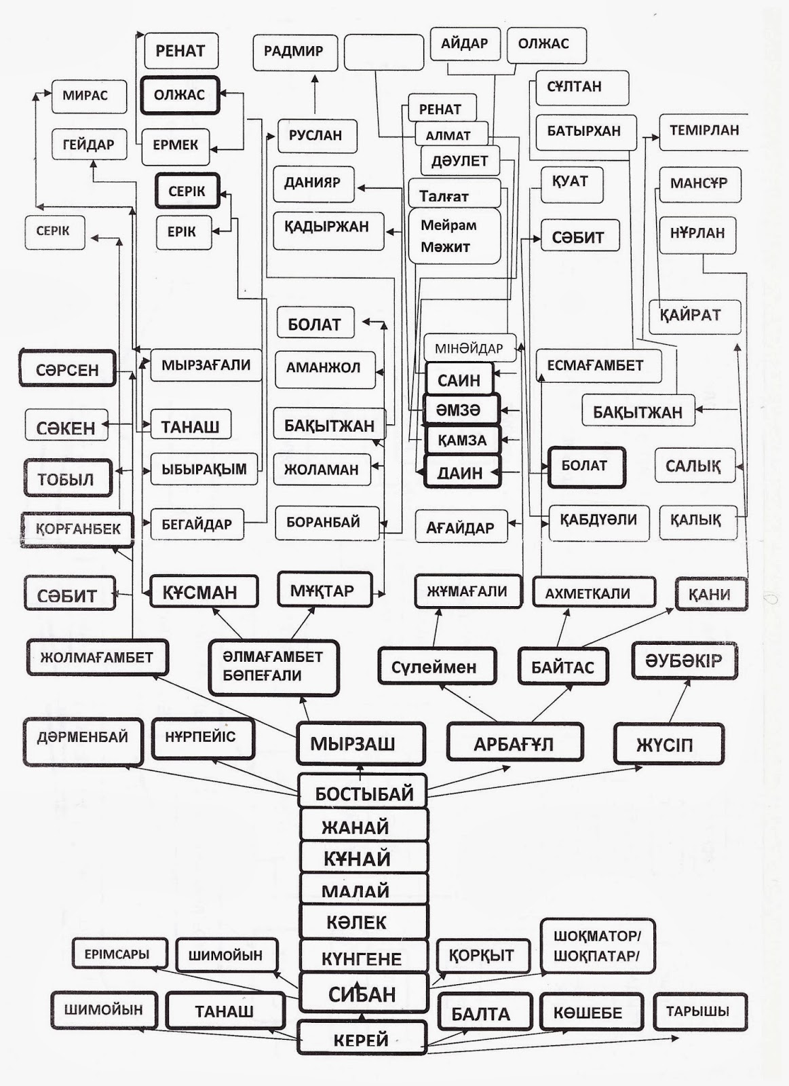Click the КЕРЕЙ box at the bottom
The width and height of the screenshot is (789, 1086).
[x=362, y=1039]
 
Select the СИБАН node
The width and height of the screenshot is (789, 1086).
[x=362, y=994]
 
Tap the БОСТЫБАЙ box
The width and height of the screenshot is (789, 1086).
[x=363, y=793]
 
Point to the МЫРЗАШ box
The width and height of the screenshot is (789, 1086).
[x=360, y=744]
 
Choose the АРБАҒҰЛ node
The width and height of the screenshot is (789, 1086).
[x=514, y=743]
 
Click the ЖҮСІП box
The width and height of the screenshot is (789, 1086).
[x=668, y=745]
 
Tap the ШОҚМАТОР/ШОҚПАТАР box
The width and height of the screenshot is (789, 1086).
[x=597, y=946]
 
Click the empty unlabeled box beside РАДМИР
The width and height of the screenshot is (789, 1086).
[x=384, y=52]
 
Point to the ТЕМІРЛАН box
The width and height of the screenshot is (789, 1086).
[x=704, y=130]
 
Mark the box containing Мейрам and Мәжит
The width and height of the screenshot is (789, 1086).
[x=454, y=236]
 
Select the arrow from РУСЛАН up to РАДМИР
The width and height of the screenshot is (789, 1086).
[x=315, y=95]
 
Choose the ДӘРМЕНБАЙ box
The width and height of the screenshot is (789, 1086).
[x=83, y=740]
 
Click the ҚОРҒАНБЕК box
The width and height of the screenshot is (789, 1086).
[x=78, y=529]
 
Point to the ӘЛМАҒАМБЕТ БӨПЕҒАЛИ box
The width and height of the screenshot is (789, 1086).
[x=273, y=667]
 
